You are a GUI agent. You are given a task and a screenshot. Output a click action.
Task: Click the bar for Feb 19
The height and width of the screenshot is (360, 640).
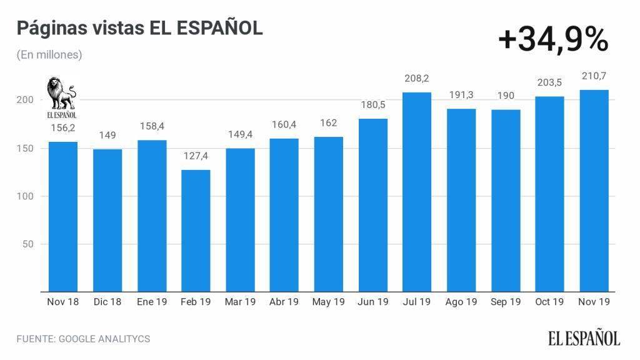pos(196,231)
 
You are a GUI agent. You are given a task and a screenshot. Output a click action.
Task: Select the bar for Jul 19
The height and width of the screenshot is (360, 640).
pos(417,192)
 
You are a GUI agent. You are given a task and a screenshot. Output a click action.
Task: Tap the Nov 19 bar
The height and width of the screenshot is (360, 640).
pos(594,191)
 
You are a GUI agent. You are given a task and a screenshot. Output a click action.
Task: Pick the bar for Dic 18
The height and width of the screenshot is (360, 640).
pos(107,220)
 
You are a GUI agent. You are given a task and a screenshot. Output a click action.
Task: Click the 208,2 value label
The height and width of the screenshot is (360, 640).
pos(417,79)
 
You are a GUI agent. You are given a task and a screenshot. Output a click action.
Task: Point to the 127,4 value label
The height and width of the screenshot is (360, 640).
pos(196,156)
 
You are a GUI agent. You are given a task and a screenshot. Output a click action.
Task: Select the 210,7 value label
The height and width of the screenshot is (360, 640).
pos(594,76)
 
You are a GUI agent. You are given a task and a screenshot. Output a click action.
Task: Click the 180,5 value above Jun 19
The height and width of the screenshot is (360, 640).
pos(372,105)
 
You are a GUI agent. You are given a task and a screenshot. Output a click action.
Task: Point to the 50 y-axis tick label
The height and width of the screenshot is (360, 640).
pos(29,244)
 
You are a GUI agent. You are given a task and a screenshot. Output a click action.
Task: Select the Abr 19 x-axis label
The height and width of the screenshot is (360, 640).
pos(284,302)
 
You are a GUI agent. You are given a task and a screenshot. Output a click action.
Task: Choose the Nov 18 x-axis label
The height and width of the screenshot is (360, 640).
pos(63,302)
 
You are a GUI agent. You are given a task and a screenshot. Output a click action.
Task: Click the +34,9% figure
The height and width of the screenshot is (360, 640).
pos(553,40)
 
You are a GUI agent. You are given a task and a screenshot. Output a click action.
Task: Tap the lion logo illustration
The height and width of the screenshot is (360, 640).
pos(62,94)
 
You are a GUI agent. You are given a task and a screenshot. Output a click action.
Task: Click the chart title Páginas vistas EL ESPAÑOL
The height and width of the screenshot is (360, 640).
pos(139,28)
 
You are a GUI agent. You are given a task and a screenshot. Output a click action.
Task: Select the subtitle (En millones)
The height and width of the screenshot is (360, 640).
pos(49,55)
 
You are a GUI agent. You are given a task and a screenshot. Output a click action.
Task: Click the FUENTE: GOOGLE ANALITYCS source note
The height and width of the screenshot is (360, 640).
pos(83,339)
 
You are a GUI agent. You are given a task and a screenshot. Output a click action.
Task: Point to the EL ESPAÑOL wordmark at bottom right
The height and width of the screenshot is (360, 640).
pos(584,339)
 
